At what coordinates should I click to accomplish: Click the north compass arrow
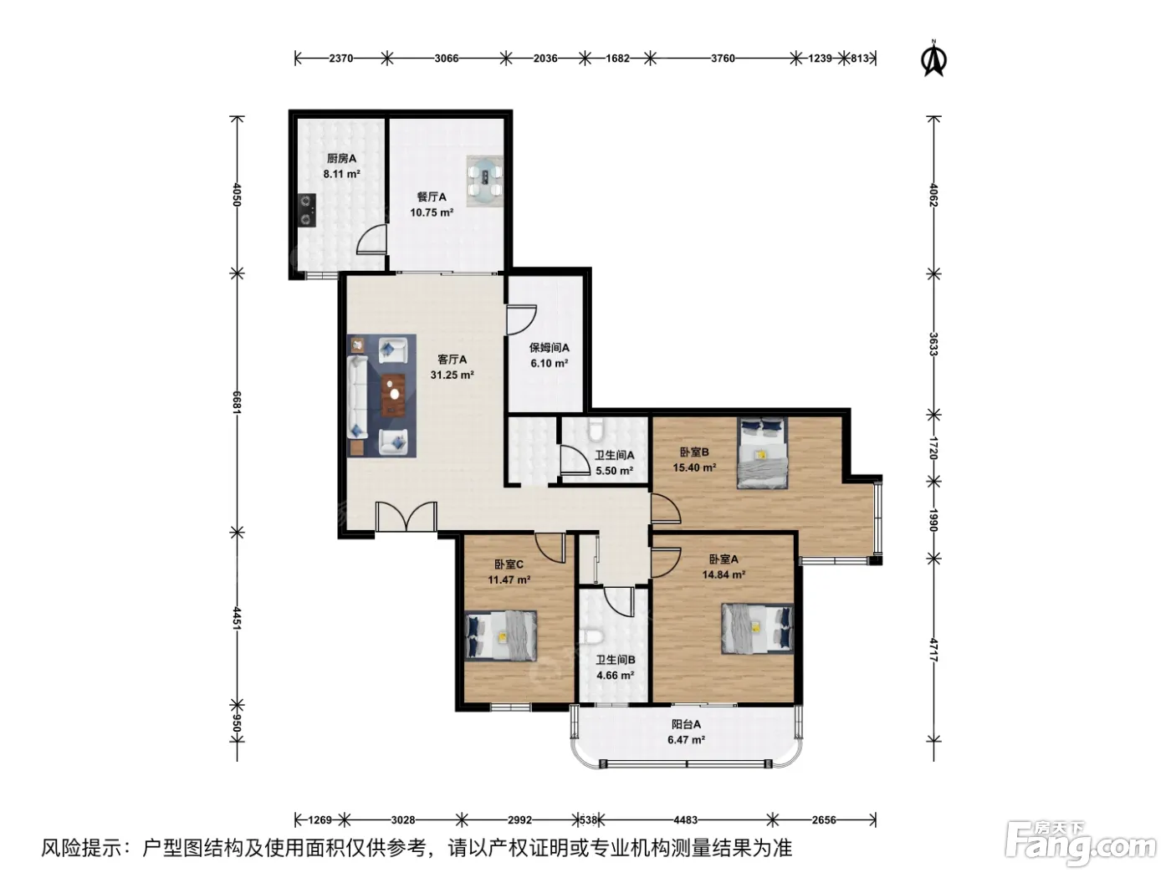tap(933, 59)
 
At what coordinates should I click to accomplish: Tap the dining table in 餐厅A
tap(485, 181)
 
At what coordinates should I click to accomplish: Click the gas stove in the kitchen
tap(307, 211)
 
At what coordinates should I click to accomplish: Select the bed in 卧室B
tap(762, 452)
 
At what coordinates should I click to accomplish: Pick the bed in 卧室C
tap(500, 636)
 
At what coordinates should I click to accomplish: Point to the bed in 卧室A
tap(757, 629)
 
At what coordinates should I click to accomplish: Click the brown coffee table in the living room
tap(393, 395)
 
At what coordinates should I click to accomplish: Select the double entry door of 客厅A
tap(406, 516)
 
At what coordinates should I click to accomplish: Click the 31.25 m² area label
tap(452, 375)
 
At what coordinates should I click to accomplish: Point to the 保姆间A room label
tap(549, 348)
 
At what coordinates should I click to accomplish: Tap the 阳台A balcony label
tap(686, 724)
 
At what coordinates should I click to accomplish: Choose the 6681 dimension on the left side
tap(238, 403)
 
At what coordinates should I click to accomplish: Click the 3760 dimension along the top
tap(723, 58)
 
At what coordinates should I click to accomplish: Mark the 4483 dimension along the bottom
tap(686, 820)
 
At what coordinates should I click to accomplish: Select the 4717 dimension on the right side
tap(933, 650)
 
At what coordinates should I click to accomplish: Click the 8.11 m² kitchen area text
tap(341, 174)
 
